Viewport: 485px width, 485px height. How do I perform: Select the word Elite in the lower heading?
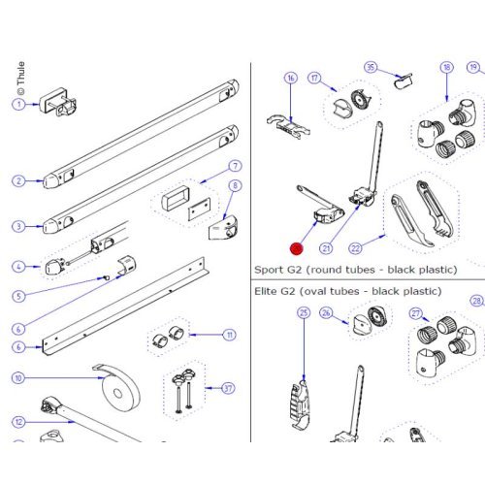pyautogui.click(x=269, y=290)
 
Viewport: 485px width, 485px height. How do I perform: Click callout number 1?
pyautogui.click(x=18, y=104)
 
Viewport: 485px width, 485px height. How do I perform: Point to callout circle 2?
pyautogui.click(x=18, y=180)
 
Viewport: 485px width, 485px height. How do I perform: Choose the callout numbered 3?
pyautogui.click(x=18, y=226)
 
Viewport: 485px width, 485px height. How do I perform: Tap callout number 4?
pyautogui.click(x=18, y=266)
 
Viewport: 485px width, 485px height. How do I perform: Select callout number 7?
pyautogui.click(x=235, y=166)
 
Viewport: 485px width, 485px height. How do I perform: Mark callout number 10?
pyautogui.click(x=18, y=377)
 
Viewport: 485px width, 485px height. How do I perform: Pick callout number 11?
pyautogui.click(x=230, y=335)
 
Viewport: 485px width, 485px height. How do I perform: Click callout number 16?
pyautogui.click(x=290, y=78)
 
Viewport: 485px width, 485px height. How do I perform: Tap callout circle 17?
pyautogui.click(x=314, y=78)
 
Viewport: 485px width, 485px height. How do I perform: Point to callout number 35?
pyautogui.click(x=371, y=67)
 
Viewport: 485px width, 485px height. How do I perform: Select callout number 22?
pyautogui.click(x=355, y=248)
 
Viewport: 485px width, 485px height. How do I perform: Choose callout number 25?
pyautogui.click(x=304, y=313)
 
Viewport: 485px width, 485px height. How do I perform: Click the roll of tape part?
pyautogui.click(x=121, y=391)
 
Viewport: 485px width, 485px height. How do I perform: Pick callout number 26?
pyautogui.click(x=327, y=313)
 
